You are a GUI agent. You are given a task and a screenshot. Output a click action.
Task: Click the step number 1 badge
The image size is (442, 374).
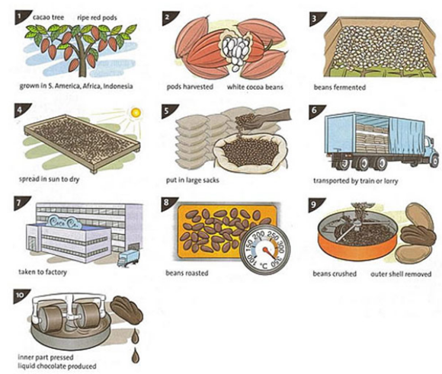click(x=20, y=16)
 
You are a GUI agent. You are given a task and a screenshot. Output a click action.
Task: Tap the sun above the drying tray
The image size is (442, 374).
click(x=136, y=113)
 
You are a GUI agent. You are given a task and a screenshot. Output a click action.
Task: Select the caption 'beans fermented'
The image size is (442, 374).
click(x=340, y=88)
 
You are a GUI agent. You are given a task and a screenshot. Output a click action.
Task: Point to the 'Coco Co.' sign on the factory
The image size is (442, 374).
click(x=66, y=222)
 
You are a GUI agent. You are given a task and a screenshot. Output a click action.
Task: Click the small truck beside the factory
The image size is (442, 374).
click(x=129, y=258)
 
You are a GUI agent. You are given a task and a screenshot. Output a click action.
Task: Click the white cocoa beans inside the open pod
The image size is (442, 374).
click(x=236, y=51)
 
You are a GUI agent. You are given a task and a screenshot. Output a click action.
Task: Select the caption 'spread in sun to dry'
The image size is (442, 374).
click(x=50, y=179)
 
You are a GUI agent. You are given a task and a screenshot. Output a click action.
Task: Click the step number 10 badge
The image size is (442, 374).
click(x=20, y=296)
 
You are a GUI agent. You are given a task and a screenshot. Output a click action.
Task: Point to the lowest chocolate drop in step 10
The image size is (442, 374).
click(x=136, y=355)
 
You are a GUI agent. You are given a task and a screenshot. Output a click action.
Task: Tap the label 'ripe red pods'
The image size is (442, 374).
click(x=97, y=18)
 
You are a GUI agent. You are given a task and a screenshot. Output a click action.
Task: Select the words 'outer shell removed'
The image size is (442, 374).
click(x=401, y=274)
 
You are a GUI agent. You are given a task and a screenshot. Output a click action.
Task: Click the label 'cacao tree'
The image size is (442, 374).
click(x=48, y=18)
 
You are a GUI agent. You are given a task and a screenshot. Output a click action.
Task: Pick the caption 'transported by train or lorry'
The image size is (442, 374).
click(x=356, y=181)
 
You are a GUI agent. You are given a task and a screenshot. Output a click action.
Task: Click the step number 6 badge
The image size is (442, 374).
click(x=315, y=110)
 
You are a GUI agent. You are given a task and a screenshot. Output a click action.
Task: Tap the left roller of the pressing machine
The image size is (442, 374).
click(x=51, y=319)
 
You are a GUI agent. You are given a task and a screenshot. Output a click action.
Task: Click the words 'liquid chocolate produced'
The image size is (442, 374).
click(x=57, y=366)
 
